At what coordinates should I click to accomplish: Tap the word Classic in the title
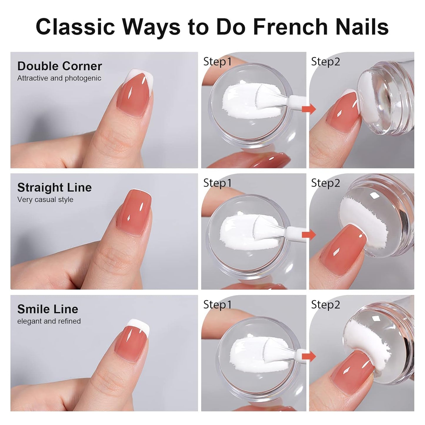75,27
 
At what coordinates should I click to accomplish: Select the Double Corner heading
59,66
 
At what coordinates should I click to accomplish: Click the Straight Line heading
54,188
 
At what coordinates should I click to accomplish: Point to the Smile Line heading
48,309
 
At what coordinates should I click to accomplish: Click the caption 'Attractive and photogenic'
59,78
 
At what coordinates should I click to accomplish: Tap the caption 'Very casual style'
45,199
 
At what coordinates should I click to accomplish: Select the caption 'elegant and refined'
49,321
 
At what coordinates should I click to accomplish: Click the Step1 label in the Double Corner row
217,61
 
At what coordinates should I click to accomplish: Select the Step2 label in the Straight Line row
326,183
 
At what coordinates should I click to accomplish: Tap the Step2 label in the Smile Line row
326,305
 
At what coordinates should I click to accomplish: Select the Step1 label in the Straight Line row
217,183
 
